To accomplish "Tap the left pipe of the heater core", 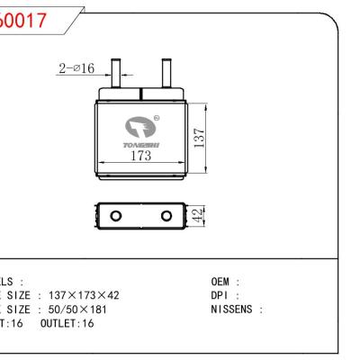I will coord(115,72).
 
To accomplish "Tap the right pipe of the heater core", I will coord(166,72).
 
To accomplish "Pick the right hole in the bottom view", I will coord(166,216).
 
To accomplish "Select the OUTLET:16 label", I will coord(67,322).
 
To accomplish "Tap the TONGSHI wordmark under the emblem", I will coord(140,144).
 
